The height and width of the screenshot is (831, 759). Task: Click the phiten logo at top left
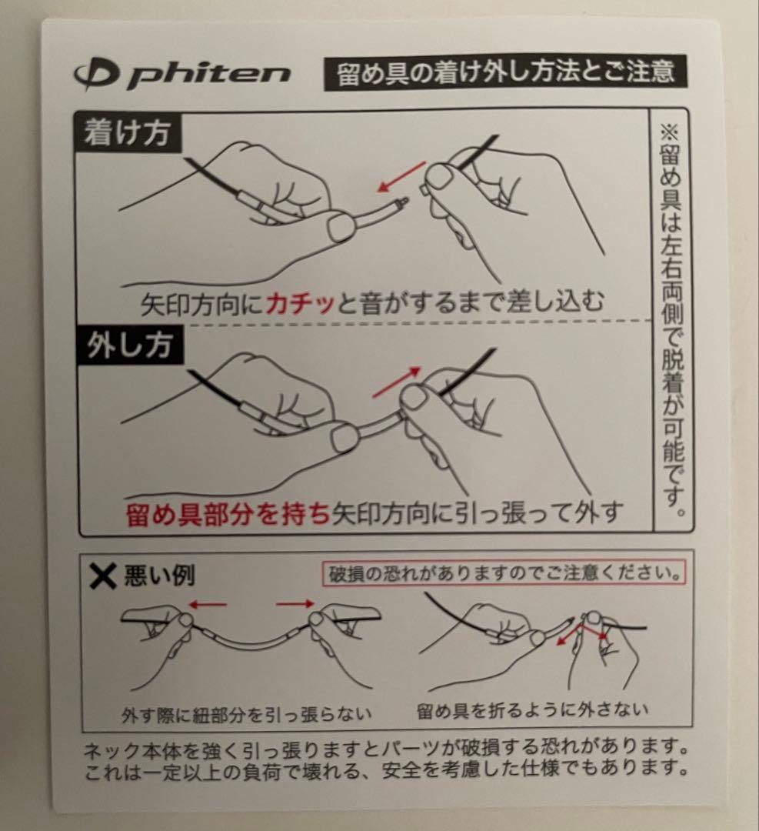pos(182,74)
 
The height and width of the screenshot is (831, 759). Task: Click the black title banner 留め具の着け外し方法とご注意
pos(505,72)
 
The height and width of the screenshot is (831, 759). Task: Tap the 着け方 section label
pos(128,134)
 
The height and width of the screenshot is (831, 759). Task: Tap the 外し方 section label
pos(128,347)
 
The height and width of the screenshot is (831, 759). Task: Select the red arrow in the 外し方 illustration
pos(397,382)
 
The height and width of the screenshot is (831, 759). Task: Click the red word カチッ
pos(301,305)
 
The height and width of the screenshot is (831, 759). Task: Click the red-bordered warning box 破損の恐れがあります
pos(502,574)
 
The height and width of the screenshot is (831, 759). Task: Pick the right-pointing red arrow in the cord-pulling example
pos(295,604)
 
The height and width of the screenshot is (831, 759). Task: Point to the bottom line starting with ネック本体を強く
pos(384,748)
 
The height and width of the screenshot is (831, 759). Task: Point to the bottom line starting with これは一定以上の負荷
pos(384,767)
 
